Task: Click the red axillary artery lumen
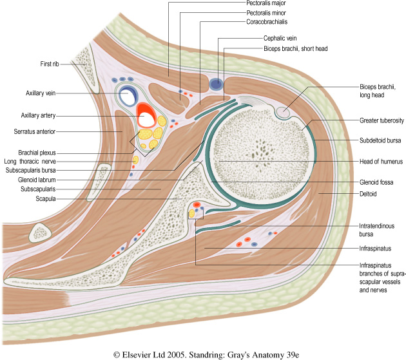146,116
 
